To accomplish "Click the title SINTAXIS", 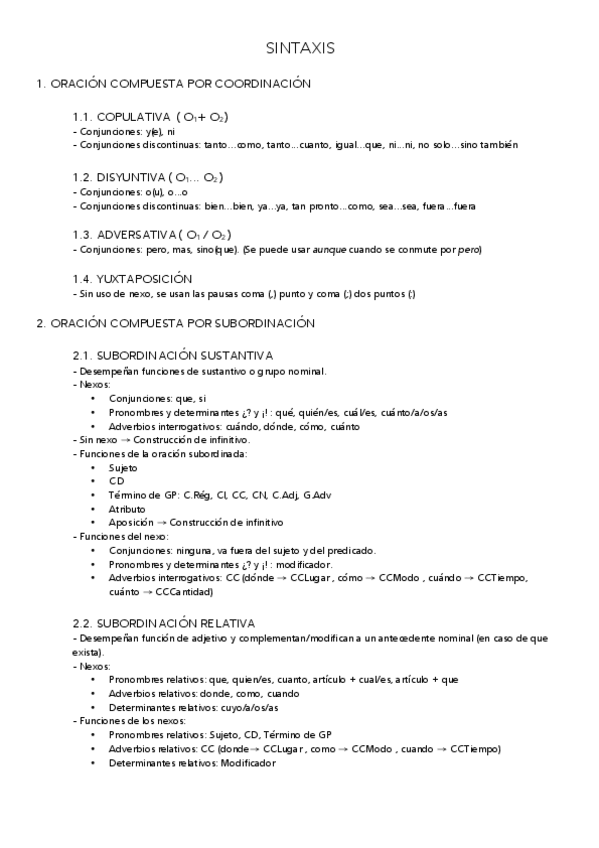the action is [300, 47].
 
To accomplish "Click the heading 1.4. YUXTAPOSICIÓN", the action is [132, 278].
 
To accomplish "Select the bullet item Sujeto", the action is [123, 467].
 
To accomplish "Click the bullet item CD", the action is [116, 481].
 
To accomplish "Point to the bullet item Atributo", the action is [127, 508].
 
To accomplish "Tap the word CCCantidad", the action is [183, 591].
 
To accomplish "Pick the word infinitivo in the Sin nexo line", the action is [227, 439].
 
